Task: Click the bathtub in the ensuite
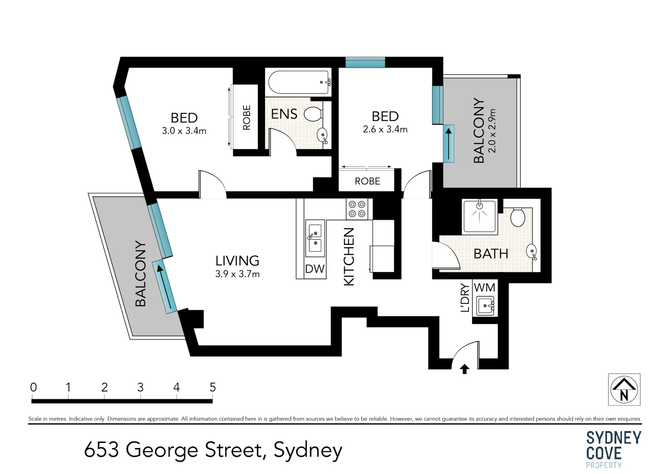299,82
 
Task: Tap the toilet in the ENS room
313,114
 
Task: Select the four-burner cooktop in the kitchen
357,209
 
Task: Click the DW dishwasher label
315,269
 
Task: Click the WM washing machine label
484,287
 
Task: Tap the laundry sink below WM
485,305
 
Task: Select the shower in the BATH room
480,216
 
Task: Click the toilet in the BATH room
518,217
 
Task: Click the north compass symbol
624,390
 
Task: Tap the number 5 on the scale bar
212,387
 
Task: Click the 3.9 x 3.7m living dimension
237,274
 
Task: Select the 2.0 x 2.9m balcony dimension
492,130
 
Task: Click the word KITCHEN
349,257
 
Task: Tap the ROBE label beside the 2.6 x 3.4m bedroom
367,181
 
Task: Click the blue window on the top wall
365,62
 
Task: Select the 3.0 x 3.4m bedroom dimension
184,131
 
